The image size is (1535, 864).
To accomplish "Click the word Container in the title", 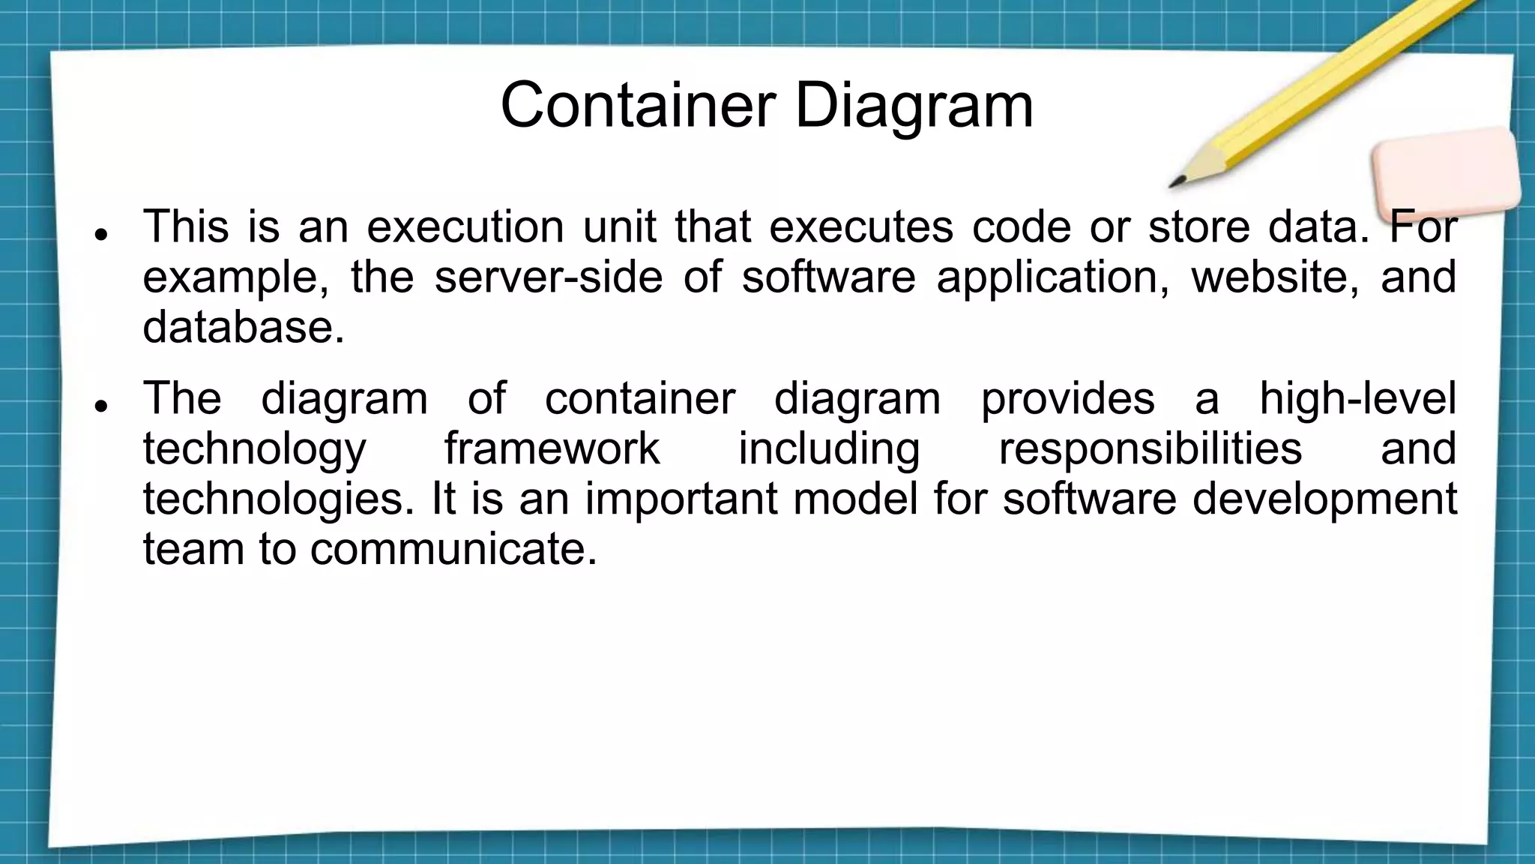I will pos(637,105).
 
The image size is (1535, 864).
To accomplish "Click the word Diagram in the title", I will pos(914,105).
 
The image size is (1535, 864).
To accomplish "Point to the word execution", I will pos(465,226).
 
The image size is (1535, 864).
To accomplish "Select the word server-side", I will pos(549,276).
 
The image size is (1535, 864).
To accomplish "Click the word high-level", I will pos(1357,397).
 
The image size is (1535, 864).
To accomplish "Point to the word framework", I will pos(552,448).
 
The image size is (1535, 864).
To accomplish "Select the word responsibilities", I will pos(1150,448).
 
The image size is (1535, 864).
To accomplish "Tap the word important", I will pos(681,498).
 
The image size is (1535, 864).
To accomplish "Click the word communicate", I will pos(453,548).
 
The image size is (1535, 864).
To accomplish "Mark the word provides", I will pos(1067,397).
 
